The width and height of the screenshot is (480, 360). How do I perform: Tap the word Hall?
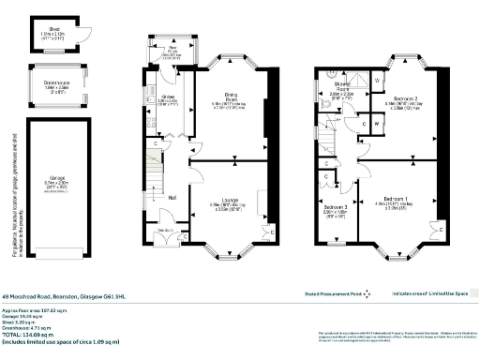[172, 198]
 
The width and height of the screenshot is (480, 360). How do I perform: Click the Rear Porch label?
[172, 52]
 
